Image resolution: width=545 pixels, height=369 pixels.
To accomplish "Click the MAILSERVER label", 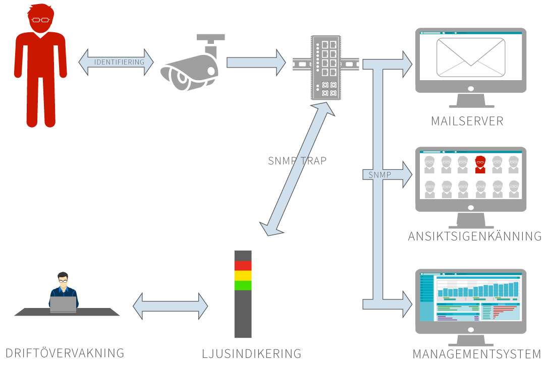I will tap(467, 121).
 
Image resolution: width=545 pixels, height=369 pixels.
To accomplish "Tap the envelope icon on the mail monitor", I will tap(470, 57).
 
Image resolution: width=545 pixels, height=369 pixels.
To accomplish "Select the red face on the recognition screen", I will tap(479, 164).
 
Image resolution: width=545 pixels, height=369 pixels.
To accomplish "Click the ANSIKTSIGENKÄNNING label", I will tap(474, 236).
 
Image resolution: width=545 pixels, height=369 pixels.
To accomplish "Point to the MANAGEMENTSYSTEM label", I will tap(476, 354).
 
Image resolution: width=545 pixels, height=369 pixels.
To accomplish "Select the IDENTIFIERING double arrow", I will tap(116, 63).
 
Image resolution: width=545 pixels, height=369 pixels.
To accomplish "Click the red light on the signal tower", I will tap(243, 266).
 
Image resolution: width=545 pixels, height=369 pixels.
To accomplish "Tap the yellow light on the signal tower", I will tap(243, 275).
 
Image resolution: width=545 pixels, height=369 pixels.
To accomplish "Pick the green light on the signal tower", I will tap(243, 285).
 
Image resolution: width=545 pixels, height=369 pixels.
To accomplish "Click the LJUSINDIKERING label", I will tap(251, 354).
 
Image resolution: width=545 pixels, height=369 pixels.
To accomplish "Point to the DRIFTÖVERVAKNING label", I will tap(65, 352).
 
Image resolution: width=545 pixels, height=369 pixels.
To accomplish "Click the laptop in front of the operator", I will tap(63, 304).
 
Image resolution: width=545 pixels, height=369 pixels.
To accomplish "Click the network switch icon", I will tap(325, 67).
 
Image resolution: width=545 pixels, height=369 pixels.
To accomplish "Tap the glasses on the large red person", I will tap(40, 20).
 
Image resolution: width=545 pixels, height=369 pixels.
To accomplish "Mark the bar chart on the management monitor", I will tap(477, 290).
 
